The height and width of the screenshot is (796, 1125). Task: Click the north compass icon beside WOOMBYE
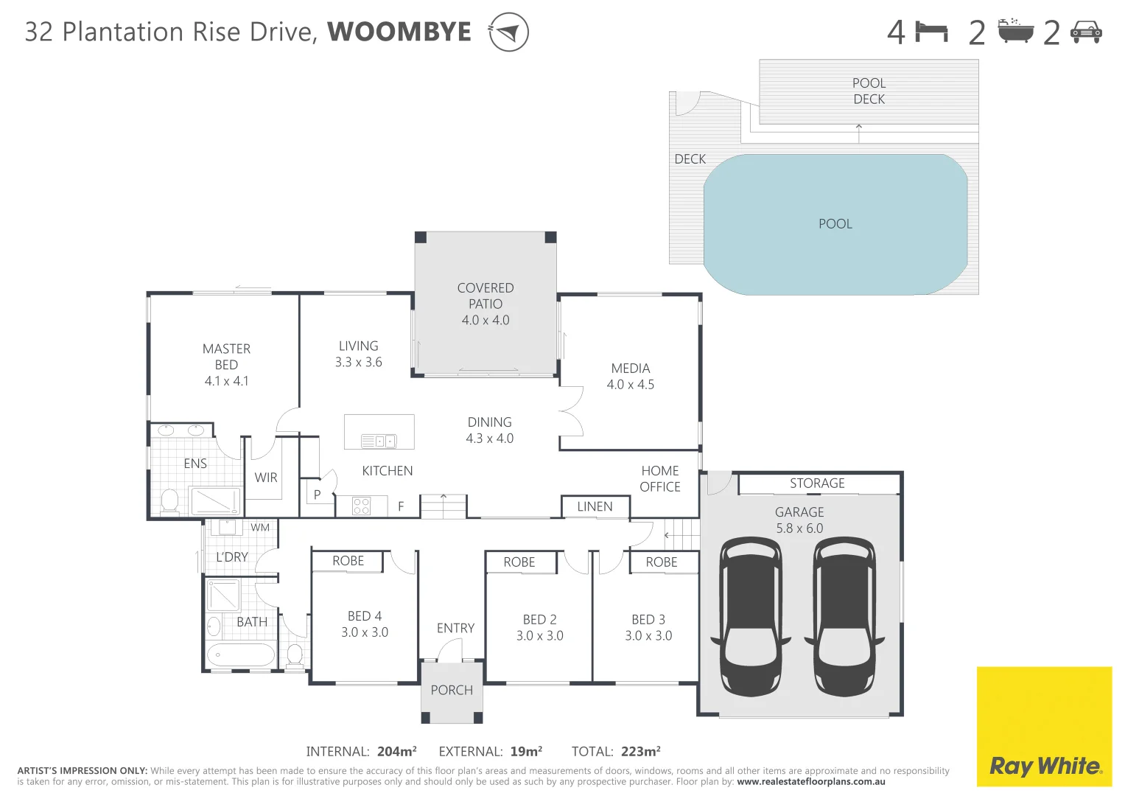[508, 32]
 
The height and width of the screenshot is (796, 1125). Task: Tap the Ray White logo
[1044, 766]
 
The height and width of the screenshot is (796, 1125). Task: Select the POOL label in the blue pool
[835, 224]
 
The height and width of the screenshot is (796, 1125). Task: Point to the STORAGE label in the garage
[817, 483]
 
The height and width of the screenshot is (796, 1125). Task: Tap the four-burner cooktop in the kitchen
[361, 506]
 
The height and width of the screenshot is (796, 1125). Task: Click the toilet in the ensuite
[169, 500]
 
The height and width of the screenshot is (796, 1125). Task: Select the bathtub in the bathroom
[240, 654]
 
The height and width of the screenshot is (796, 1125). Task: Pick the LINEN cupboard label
[595, 507]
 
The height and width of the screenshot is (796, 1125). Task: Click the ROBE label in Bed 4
[348, 561]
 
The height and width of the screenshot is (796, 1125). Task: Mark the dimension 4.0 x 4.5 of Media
[630, 385]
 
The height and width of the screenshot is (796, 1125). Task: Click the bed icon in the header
[931, 32]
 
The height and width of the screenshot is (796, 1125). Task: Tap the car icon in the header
[1085, 32]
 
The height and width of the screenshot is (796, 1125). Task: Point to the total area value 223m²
[640, 752]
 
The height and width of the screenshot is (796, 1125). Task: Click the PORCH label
[452, 691]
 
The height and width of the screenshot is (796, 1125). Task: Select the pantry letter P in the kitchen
[317, 495]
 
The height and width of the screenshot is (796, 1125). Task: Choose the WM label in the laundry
[260, 528]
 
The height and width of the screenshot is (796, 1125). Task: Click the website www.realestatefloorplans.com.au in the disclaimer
[810, 782]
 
